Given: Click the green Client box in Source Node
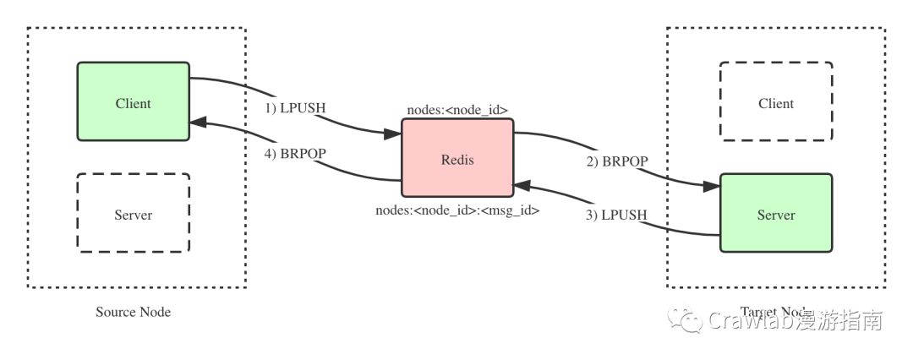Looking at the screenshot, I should point(133,101).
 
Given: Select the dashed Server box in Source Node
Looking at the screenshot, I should point(133,213).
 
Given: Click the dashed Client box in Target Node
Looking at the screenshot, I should point(775,101).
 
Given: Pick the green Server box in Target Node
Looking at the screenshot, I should point(775,213).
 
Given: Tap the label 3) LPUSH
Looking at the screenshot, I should point(615,215).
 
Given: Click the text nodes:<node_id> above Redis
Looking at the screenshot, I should point(456,109).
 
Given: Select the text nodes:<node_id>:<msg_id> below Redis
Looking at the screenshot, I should point(456,210).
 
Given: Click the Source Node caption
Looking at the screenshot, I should point(133,312).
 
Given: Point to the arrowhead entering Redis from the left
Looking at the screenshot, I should point(392,134).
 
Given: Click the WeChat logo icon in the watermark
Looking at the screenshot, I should point(685,320).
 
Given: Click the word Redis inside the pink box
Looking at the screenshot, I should point(456,159).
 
